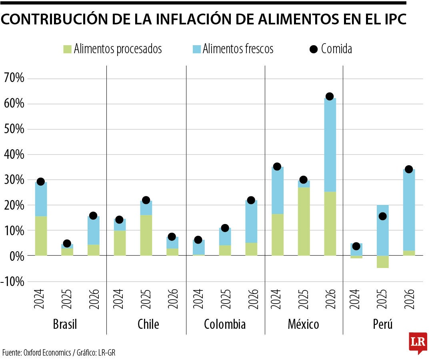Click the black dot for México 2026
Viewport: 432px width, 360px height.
330,96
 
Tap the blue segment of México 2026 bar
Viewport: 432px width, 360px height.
330,145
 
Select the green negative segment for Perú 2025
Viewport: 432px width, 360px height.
383,262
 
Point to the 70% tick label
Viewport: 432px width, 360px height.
14,78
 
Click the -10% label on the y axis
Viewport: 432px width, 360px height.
12,282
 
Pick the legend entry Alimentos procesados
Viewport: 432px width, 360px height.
113,49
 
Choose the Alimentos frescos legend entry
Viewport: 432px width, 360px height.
233,49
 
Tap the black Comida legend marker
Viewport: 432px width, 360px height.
314,49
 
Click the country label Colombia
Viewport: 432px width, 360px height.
225,324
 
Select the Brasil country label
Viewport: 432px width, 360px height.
65,324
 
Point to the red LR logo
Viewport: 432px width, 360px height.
418,343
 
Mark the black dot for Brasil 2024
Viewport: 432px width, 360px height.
40,182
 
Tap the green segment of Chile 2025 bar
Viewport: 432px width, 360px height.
146,235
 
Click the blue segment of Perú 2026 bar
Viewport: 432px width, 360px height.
409,210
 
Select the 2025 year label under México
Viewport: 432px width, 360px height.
303,299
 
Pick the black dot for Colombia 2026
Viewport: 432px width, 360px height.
251,200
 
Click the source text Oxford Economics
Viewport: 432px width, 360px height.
47,352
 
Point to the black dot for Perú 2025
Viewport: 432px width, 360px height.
382,216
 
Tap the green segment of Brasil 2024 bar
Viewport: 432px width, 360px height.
41,236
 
